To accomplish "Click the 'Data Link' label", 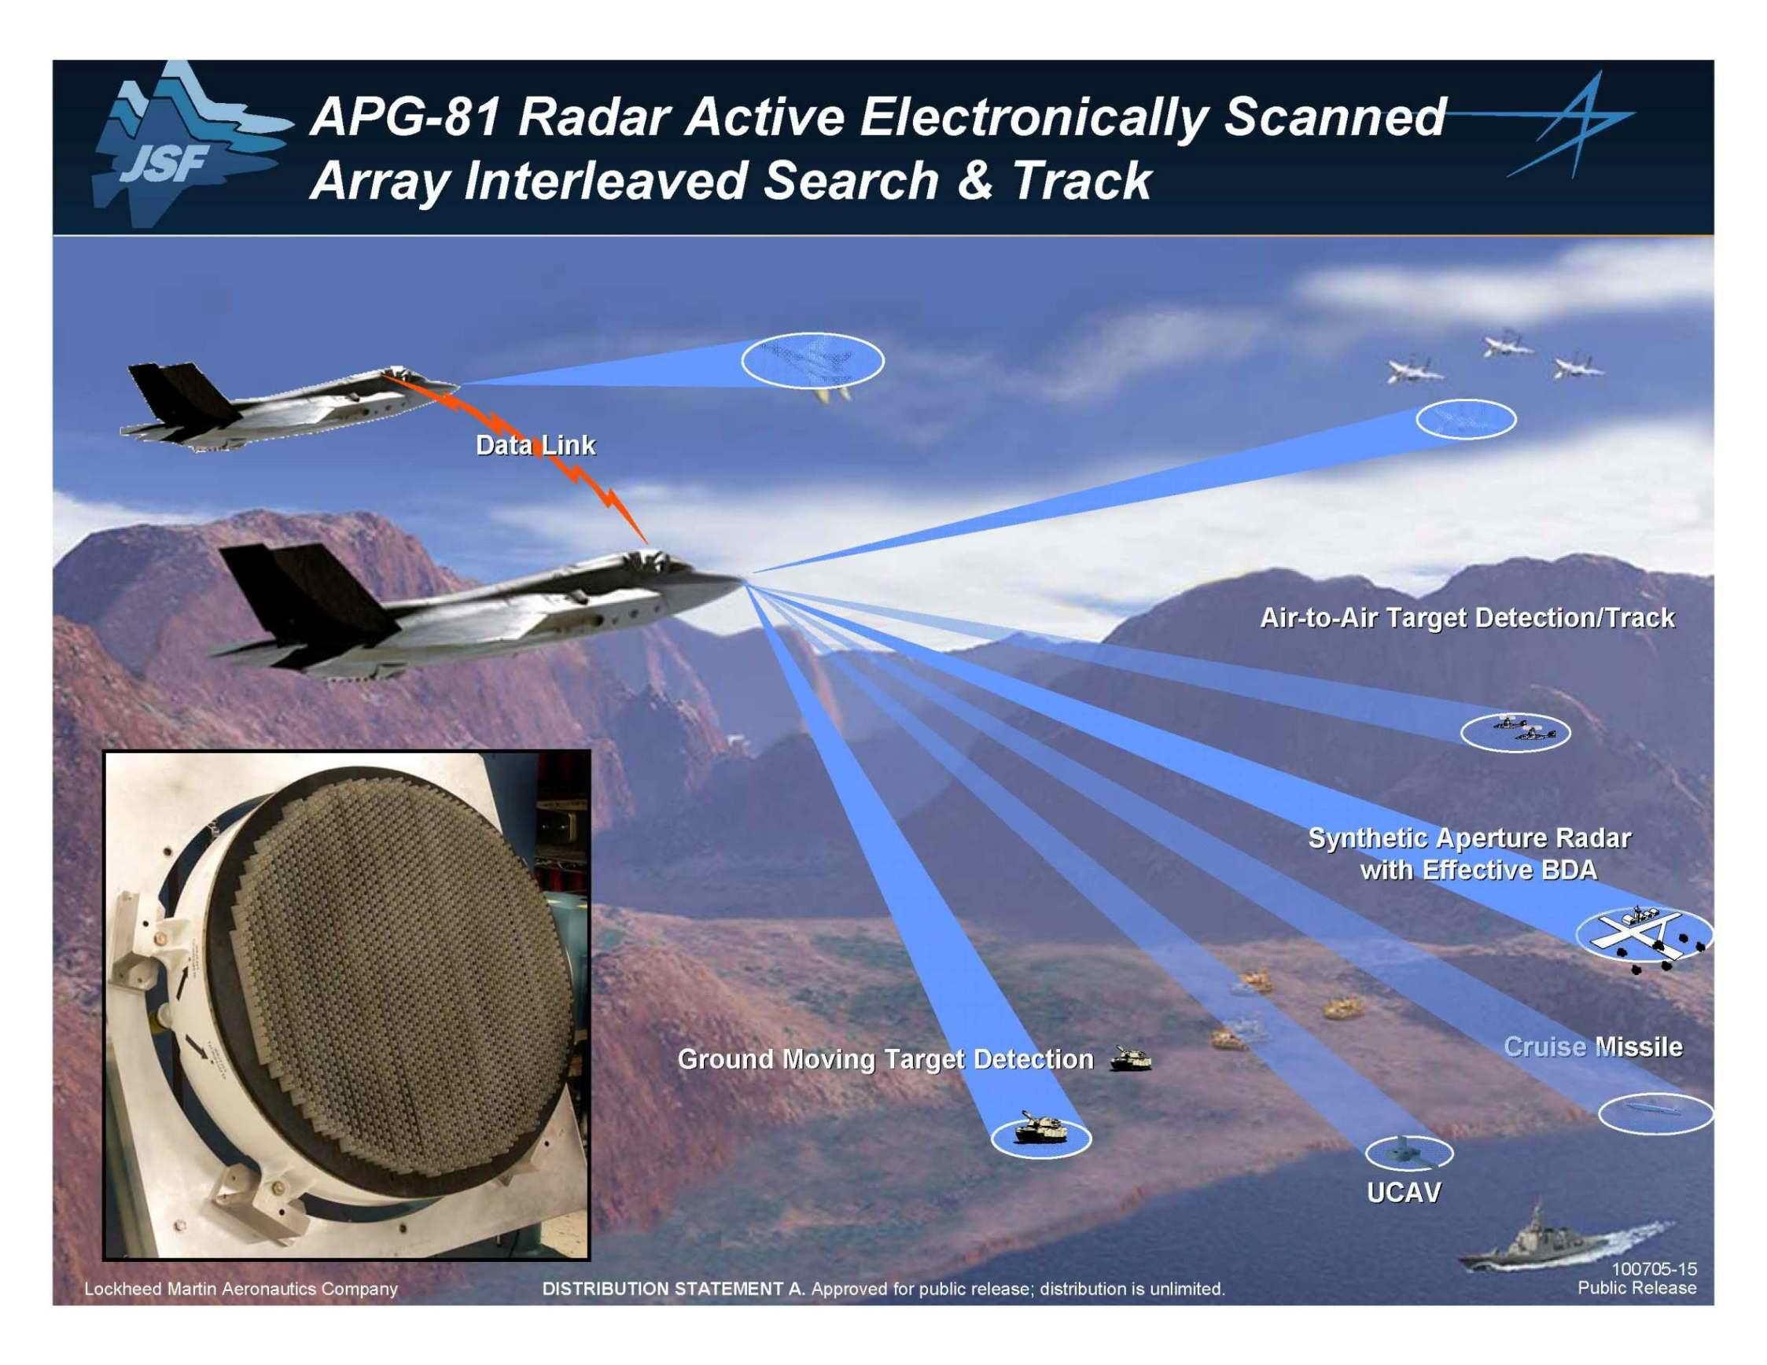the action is click(536, 445).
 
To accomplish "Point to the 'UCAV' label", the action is click(1404, 1193).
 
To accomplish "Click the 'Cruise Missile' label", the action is click(1593, 1047).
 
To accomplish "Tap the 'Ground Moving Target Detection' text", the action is click(885, 1059).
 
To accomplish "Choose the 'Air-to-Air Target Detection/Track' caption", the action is click(1467, 618).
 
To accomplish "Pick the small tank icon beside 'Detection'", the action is click(1130, 1058).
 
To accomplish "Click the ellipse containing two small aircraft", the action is click(1515, 732).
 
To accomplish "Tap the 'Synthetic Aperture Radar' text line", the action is click(1469, 838).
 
